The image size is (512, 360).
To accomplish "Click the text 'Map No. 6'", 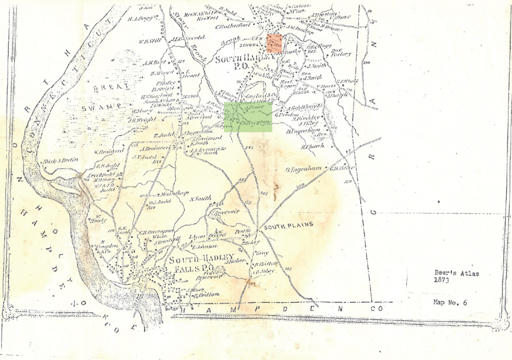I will (x=450, y=302).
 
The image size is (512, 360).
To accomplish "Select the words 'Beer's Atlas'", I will (x=453, y=273).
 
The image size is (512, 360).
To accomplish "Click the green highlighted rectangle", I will (x=248, y=117).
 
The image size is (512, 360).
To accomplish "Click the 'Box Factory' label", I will (x=341, y=52).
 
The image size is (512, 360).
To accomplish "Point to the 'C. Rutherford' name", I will (x=232, y=26).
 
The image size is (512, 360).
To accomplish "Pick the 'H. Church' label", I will (x=312, y=146).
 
